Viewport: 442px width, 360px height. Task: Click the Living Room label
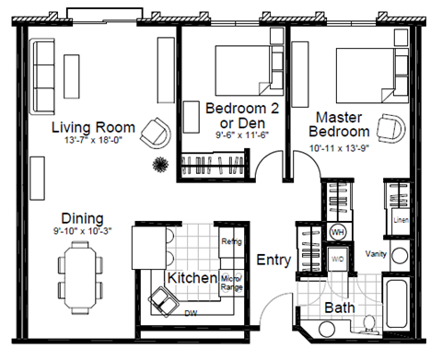pyautogui.click(x=93, y=127)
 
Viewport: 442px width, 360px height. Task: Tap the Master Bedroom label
pyautogui.click(x=344, y=125)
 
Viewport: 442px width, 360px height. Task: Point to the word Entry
pyautogui.click(x=273, y=261)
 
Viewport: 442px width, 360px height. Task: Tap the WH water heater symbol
pyautogui.click(x=337, y=232)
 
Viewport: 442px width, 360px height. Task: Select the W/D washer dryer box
pyautogui.click(x=337, y=259)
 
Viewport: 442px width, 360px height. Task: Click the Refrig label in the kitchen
pyautogui.click(x=231, y=242)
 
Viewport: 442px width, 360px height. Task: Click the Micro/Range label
pyautogui.click(x=230, y=283)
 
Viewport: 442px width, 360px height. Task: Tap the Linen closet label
pyautogui.click(x=400, y=221)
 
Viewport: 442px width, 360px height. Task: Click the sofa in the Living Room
pyautogui.click(x=43, y=72)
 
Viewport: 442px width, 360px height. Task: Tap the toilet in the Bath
pyautogui.click(x=367, y=324)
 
